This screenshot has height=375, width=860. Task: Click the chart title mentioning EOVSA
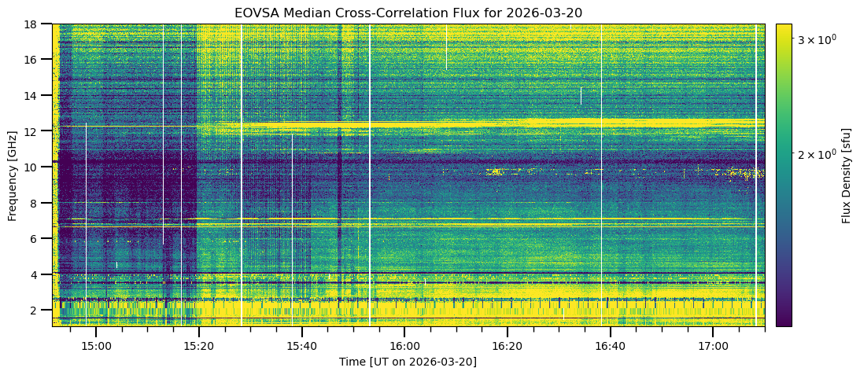pos(408,13)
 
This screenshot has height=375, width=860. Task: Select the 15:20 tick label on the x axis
pos(199,345)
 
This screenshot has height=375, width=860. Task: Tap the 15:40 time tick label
pos(301,345)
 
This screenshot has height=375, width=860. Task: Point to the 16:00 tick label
pos(404,345)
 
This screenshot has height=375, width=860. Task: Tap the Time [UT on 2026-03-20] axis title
pos(408,362)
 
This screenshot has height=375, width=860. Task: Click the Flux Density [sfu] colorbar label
pos(847,175)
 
